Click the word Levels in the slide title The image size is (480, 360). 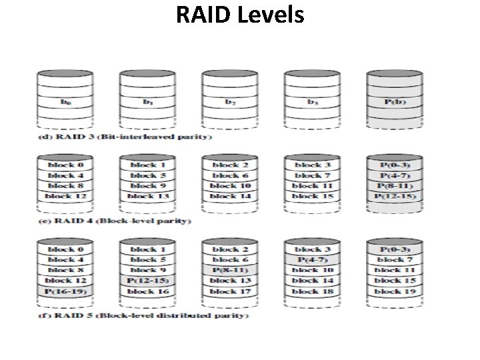[x=269, y=15]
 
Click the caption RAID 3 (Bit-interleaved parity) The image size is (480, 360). [x=123, y=137]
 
